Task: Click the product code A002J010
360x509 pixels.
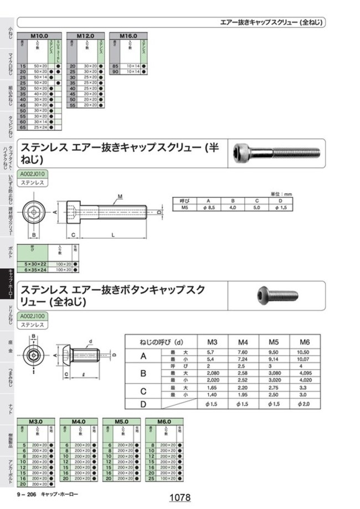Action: (34, 174)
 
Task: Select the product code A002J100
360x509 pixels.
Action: (34, 316)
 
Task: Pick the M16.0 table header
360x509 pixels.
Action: (129, 35)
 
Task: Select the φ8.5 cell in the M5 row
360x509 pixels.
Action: (209, 207)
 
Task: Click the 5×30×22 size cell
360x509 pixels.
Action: (33, 264)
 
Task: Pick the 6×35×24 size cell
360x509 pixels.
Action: (33, 269)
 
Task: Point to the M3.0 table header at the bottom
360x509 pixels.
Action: (36, 421)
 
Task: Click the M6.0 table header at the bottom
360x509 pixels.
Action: (164, 421)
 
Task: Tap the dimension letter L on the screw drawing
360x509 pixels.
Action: (112, 235)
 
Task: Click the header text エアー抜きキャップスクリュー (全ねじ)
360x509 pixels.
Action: (272, 23)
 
